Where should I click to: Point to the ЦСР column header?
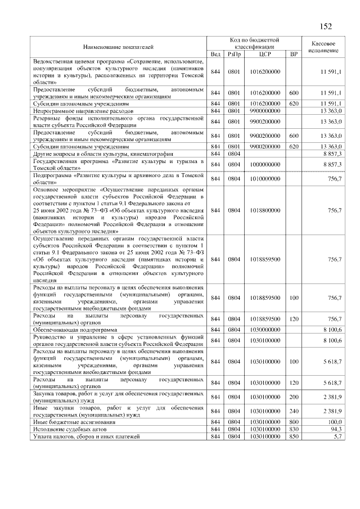click(265, 54)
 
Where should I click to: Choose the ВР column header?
click(293, 54)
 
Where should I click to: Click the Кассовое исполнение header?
click(323, 47)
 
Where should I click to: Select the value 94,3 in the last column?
click(335, 429)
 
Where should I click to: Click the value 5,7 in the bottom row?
click(337, 436)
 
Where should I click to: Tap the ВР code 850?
click(293, 436)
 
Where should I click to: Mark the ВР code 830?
click(293, 429)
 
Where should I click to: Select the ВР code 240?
click(293, 411)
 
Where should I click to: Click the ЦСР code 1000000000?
click(265, 164)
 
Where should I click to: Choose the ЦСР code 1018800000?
click(265, 210)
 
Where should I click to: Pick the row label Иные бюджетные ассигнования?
click(74, 421)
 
